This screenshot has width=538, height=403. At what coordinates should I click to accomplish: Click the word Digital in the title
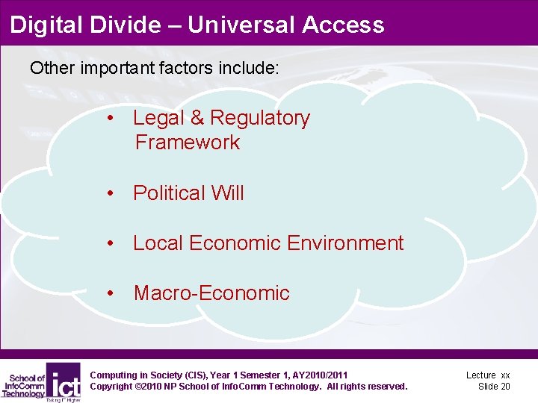44,25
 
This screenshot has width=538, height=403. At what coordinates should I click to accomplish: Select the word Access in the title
343,25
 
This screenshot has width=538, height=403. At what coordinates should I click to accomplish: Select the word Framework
188,143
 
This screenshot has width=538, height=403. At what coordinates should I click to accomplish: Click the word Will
227,193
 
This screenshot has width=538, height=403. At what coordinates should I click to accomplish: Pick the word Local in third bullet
158,243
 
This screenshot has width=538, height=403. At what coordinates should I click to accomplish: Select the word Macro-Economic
211,293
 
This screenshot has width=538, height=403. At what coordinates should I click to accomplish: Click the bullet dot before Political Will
110,193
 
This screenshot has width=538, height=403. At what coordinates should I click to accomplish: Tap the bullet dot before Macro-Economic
110,293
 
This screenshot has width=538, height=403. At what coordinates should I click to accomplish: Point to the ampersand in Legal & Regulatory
197,119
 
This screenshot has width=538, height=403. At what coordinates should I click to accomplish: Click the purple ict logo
64,381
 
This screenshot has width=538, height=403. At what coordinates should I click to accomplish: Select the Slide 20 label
494,386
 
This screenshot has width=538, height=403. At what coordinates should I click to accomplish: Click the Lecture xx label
488,375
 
